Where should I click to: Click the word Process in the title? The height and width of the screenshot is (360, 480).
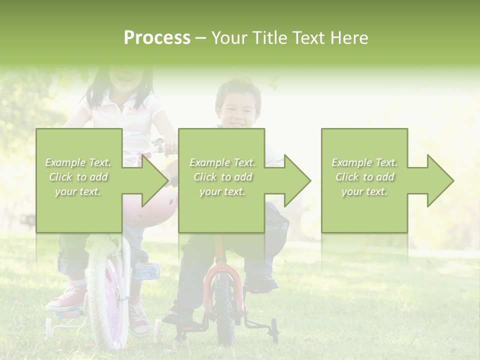pyautogui.click(x=157, y=38)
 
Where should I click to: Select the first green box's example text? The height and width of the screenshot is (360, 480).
pyautogui.click(x=78, y=177)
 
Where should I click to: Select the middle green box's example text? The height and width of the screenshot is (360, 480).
pyautogui.click(x=222, y=177)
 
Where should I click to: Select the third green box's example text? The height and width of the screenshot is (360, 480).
pyautogui.click(x=364, y=177)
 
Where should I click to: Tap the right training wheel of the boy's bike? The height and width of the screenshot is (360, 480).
pyautogui.click(x=273, y=330)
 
